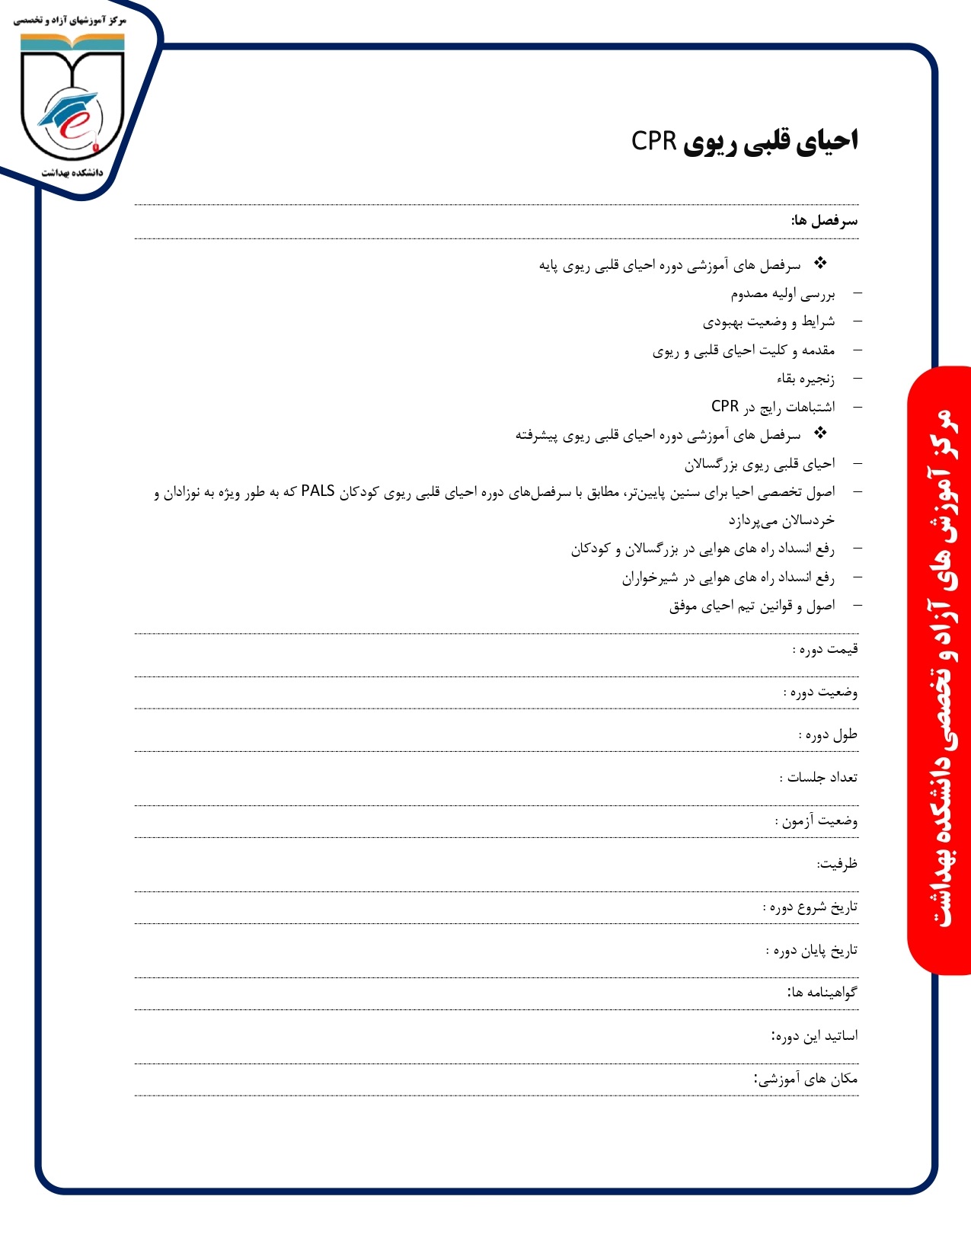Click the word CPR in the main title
tap(654, 141)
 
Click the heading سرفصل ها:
tap(824, 221)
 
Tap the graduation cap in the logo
tap(69, 109)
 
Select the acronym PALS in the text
tap(318, 491)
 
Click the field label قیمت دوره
tap(826, 649)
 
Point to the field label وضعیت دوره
tap(821, 692)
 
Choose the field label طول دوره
tap(828, 735)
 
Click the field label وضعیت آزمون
tap(816, 821)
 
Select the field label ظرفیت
tap(837, 864)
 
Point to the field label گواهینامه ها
tap(822, 993)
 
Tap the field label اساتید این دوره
tap(815, 1036)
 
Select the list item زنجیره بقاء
tap(806, 379)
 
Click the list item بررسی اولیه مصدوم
tap(783, 294)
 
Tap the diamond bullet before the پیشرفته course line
tap(820, 433)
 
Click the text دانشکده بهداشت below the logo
tap(72, 173)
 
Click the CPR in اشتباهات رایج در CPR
tap(725, 406)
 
